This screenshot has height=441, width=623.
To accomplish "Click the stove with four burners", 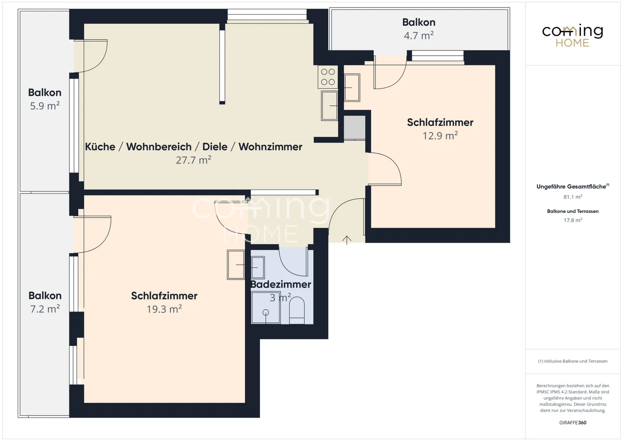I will [328, 77].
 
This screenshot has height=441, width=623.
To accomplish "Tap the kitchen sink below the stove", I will [330, 106].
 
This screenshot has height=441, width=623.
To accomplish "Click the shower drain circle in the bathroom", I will [266, 312].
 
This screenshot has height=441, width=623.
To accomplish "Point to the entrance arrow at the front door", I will [347, 240].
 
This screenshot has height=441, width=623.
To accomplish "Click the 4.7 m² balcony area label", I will [418, 35].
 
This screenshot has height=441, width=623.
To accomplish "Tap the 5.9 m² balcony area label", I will [45, 106].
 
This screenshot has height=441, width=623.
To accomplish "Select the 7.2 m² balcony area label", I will [45, 309].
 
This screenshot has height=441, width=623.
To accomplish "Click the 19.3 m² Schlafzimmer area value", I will [164, 309].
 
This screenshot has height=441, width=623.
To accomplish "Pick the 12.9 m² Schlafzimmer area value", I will [440, 135].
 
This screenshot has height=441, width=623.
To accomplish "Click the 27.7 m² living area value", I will [193, 160].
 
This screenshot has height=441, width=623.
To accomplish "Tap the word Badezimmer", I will [281, 284].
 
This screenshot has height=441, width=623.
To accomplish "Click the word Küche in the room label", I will [100, 147].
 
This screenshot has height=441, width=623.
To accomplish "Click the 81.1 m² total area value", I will [572, 197].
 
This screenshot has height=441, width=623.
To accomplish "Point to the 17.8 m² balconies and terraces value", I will [572, 220].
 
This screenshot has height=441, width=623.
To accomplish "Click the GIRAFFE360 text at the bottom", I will [572, 423].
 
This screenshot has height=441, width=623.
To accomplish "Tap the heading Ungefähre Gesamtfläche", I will [571, 187].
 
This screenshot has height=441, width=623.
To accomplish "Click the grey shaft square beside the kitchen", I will [354, 128].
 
